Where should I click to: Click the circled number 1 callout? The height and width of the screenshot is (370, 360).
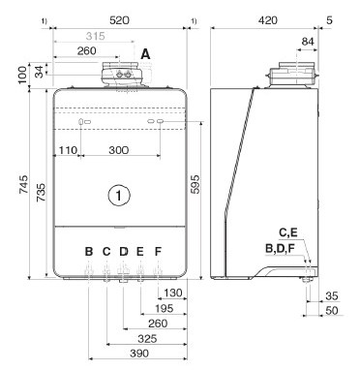[119, 195]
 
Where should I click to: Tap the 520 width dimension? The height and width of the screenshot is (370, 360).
[119, 20]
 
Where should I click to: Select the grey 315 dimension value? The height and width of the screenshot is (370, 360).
[96, 36]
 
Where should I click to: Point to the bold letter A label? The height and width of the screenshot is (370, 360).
[145, 54]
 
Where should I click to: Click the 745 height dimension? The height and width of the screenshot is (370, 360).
[23, 184]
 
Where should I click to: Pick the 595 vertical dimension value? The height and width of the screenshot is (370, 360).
[195, 184]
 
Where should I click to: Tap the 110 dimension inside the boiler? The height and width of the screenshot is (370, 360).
[68, 150]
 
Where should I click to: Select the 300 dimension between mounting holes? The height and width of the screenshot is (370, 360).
[119, 150]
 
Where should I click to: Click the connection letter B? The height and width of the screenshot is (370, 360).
[89, 251]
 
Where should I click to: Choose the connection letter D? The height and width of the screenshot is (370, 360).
[124, 251]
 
